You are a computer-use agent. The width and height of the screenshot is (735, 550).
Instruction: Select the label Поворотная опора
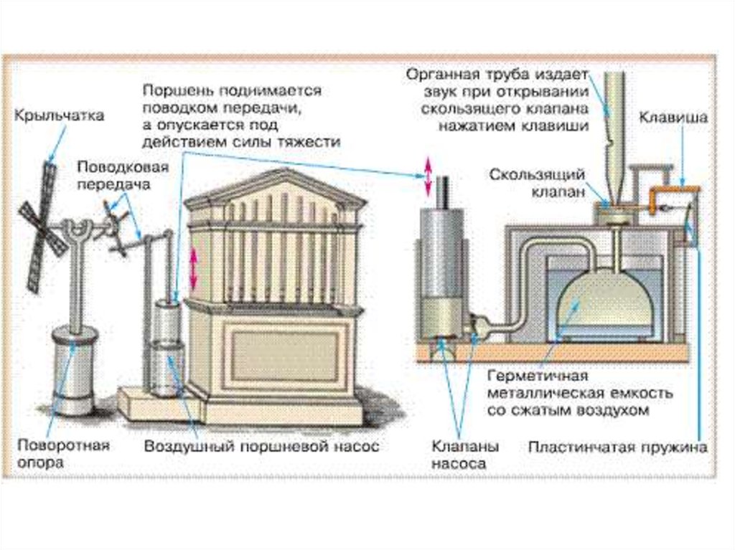tap(63, 454)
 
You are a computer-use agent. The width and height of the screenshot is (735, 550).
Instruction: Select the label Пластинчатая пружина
tap(617, 447)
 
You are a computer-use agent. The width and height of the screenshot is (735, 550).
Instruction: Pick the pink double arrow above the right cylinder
tap(428, 177)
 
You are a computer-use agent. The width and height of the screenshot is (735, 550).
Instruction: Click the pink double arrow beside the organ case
tap(192, 270)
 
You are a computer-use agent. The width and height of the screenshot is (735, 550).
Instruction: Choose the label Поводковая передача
tap(123, 176)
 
